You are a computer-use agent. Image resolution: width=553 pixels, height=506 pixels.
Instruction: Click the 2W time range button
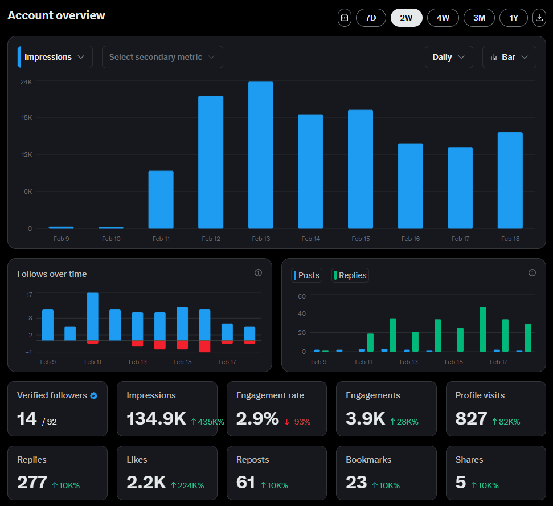pyautogui.click(x=406, y=18)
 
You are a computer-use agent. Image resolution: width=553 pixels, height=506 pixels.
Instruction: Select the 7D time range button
pyautogui.click(x=371, y=18)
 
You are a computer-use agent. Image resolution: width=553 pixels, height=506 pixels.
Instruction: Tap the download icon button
pyautogui.click(x=539, y=18)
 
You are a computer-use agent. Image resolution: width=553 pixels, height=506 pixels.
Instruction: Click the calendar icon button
pyautogui.click(x=344, y=18)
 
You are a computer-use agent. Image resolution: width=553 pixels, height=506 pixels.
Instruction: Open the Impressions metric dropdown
pyautogui.click(x=55, y=57)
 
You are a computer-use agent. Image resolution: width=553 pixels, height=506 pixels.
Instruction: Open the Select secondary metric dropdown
pyautogui.click(x=162, y=57)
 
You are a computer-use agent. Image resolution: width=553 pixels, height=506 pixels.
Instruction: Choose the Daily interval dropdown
pyautogui.click(x=449, y=57)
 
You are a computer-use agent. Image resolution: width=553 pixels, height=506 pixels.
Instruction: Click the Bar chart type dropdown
pyautogui.click(x=509, y=57)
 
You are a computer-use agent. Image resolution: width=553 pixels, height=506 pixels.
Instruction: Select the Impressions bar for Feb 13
pyautogui.click(x=261, y=155)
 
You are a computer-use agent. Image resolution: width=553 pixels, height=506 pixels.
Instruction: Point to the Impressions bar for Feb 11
pyautogui.click(x=161, y=199)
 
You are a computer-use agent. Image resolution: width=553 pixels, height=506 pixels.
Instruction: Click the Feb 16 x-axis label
pyautogui.click(x=411, y=239)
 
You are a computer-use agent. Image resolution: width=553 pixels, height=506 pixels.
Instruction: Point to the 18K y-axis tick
pyautogui.click(x=26, y=117)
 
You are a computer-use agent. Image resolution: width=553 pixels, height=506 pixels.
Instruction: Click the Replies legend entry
pyautogui.click(x=350, y=275)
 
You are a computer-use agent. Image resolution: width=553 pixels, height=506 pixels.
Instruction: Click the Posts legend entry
pyautogui.click(x=307, y=275)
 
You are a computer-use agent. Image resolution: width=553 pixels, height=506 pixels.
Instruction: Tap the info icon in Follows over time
pyautogui.click(x=258, y=273)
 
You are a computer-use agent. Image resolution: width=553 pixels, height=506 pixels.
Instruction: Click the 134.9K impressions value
pyautogui.click(x=156, y=419)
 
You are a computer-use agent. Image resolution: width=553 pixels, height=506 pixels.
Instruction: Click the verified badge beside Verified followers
pyautogui.click(x=94, y=395)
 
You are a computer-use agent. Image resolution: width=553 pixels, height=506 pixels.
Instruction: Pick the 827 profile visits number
pyautogui.click(x=471, y=419)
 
